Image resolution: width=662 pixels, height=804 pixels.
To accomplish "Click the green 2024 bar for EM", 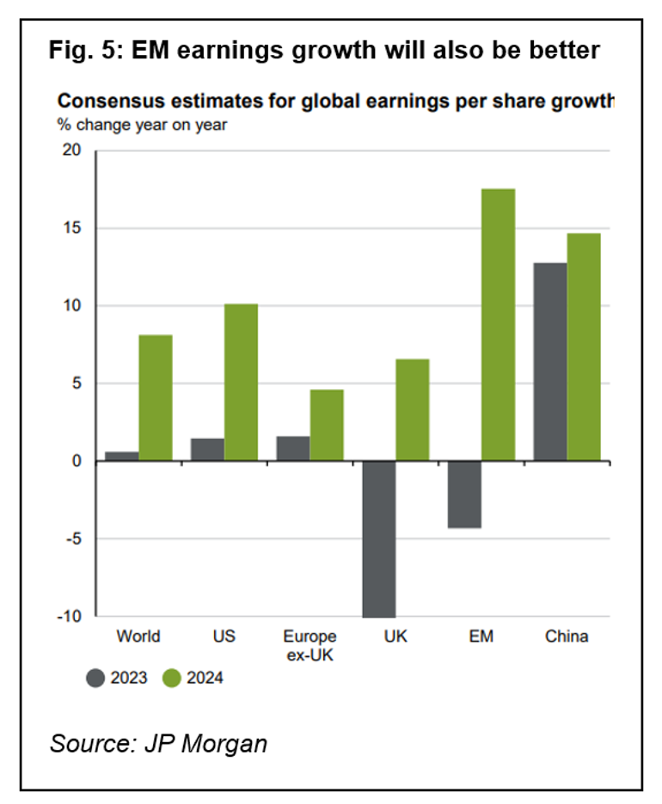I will [x=498, y=325].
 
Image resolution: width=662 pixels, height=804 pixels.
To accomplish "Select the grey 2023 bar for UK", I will [x=379, y=539].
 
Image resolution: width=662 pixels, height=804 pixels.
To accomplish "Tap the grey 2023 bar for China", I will [x=550, y=362].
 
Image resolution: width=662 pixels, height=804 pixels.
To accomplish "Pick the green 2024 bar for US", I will [x=241, y=382].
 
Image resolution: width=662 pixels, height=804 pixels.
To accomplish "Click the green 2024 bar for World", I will [x=156, y=398].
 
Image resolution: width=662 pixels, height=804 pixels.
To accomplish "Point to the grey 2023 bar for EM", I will [x=464, y=495].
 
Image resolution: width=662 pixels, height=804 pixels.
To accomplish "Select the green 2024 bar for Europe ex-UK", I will [x=327, y=425].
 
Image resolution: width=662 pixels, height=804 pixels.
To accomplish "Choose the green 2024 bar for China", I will [x=584, y=347].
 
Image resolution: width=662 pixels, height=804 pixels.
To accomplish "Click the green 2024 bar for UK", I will [x=412, y=410].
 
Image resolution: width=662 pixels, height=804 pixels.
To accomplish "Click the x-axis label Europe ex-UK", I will [x=310, y=644].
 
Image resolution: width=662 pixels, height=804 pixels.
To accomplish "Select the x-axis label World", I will [x=138, y=636].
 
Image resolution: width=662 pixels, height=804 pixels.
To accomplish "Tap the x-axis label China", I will [x=567, y=636].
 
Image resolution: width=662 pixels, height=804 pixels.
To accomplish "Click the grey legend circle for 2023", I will [x=95, y=679].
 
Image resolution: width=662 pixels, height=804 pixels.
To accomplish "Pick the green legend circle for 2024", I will [x=171, y=679].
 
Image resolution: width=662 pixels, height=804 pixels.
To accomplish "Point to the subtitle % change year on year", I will [x=142, y=125].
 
